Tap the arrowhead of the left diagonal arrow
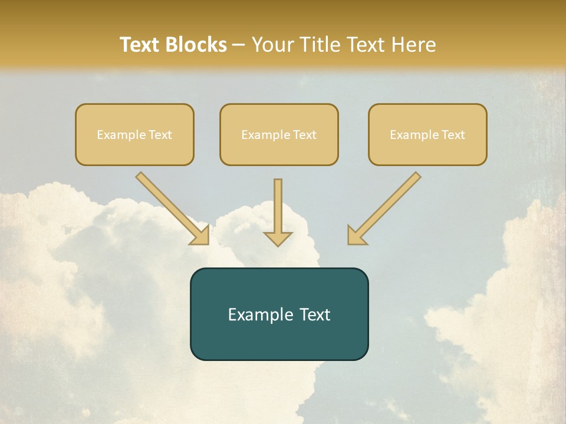tap(200, 236)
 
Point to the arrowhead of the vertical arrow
tap(278, 238)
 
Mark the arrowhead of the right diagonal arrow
tap(356, 236)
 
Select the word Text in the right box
tap(453, 135)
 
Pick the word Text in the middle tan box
tap(305, 135)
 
